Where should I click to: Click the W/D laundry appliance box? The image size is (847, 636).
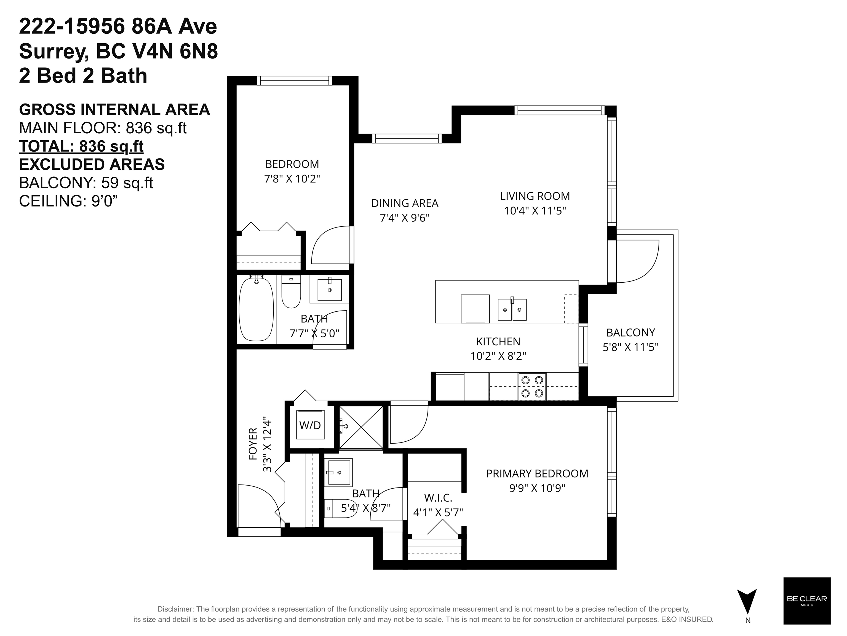[x=310, y=425]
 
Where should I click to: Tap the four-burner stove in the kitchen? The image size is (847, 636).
[x=532, y=386]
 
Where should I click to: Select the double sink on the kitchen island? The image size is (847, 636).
[x=512, y=309]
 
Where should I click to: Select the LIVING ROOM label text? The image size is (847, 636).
[x=535, y=196]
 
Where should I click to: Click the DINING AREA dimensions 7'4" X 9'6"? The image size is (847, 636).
[x=405, y=218]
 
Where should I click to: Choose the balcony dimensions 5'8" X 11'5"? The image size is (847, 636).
[x=631, y=347]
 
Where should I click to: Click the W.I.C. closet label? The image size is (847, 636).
[x=438, y=498]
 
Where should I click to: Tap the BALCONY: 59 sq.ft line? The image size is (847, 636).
[x=86, y=183]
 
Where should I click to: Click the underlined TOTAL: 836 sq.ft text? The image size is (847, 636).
[x=81, y=146]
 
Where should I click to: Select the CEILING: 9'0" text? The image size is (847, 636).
[x=68, y=201]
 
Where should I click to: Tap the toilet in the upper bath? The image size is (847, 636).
[x=291, y=291]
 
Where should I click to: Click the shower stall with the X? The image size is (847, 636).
[x=361, y=427]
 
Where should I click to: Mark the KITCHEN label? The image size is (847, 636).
[x=498, y=341]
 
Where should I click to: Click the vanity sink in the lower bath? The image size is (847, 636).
[x=339, y=472]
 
